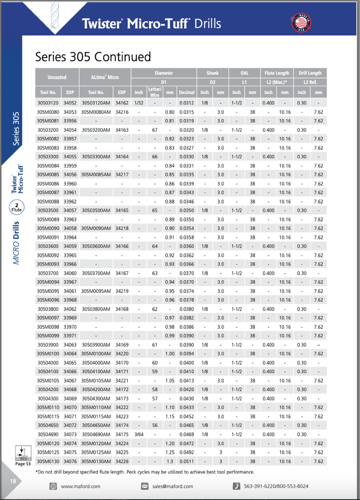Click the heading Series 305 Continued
[x=93, y=57]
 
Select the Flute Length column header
[x=277, y=73]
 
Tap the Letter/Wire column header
[x=155, y=92]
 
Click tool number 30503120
[x=48, y=103]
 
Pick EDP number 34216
[x=122, y=112]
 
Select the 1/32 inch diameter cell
[x=139, y=103]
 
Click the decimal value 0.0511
[x=186, y=461]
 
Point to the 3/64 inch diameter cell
[x=139, y=434]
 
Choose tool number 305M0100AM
[x=96, y=354]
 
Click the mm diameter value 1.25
[x=169, y=452]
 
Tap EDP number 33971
[x=70, y=335]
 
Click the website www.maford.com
[x=81, y=486]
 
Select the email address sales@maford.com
[x=172, y=486]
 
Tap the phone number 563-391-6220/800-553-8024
[x=276, y=486]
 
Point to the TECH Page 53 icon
[x=23, y=455]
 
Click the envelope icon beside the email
[x=145, y=486]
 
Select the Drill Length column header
[x=310, y=73]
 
